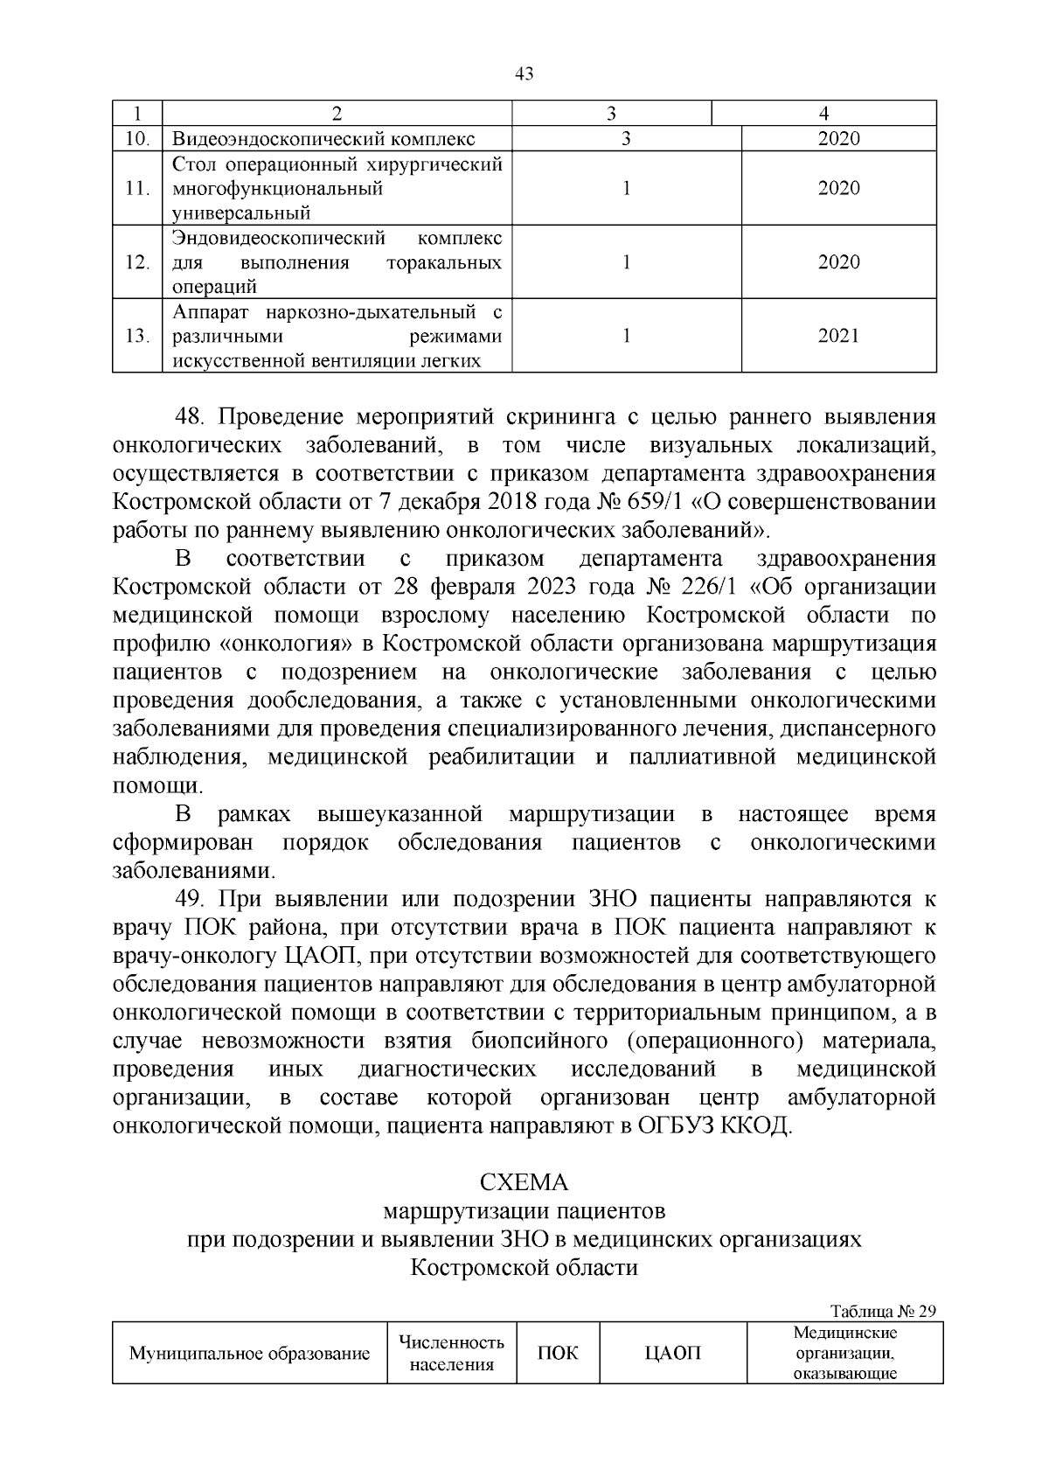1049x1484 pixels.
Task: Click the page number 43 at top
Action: (x=524, y=74)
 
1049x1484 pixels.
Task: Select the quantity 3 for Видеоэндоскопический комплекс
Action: (x=626, y=139)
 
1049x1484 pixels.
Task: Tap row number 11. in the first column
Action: (x=137, y=189)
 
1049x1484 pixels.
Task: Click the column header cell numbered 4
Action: (x=823, y=114)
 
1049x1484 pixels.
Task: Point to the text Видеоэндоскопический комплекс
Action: (x=323, y=139)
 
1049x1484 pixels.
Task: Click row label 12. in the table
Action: (x=137, y=263)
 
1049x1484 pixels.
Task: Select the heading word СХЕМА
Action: (x=524, y=1182)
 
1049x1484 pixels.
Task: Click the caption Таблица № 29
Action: (x=883, y=1312)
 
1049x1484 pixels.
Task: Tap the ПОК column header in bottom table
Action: (x=558, y=1353)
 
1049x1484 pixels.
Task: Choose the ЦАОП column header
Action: (x=672, y=1353)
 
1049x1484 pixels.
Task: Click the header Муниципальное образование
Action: (x=250, y=1354)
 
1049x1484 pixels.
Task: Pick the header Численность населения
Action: (x=451, y=1353)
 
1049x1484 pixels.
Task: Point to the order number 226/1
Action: (x=700, y=587)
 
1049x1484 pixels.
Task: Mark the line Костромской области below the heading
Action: (x=524, y=1267)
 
